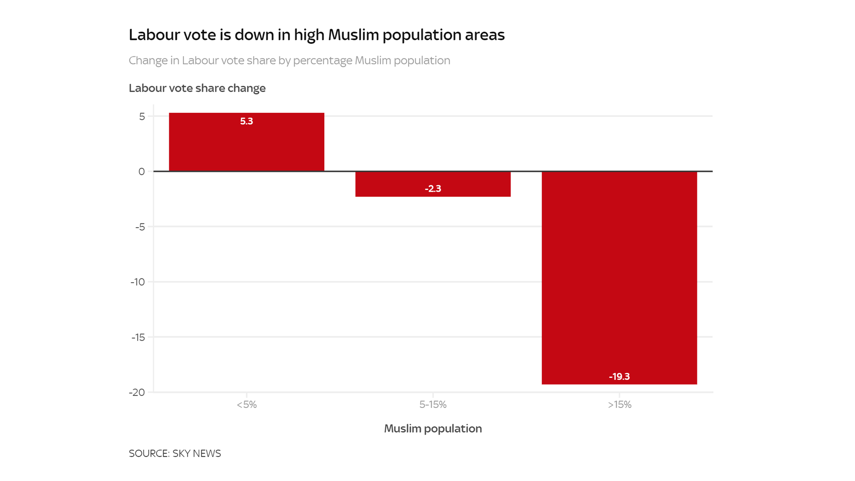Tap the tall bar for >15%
point(619,276)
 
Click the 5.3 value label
point(246,122)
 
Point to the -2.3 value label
point(433,189)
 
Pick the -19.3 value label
point(619,377)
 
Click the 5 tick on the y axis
point(142,116)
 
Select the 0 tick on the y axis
point(142,172)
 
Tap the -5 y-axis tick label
point(140,227)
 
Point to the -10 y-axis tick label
point(138,282)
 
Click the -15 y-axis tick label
point(138,337)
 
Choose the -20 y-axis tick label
point(137,392)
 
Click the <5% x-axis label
point(246,405)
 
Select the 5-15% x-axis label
point(433,405)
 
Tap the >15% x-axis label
point(620,405)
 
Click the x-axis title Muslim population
point(433,429)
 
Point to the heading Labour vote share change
point(197,88)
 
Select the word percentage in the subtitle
point(322,61)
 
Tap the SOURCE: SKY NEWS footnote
point(175,453)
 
